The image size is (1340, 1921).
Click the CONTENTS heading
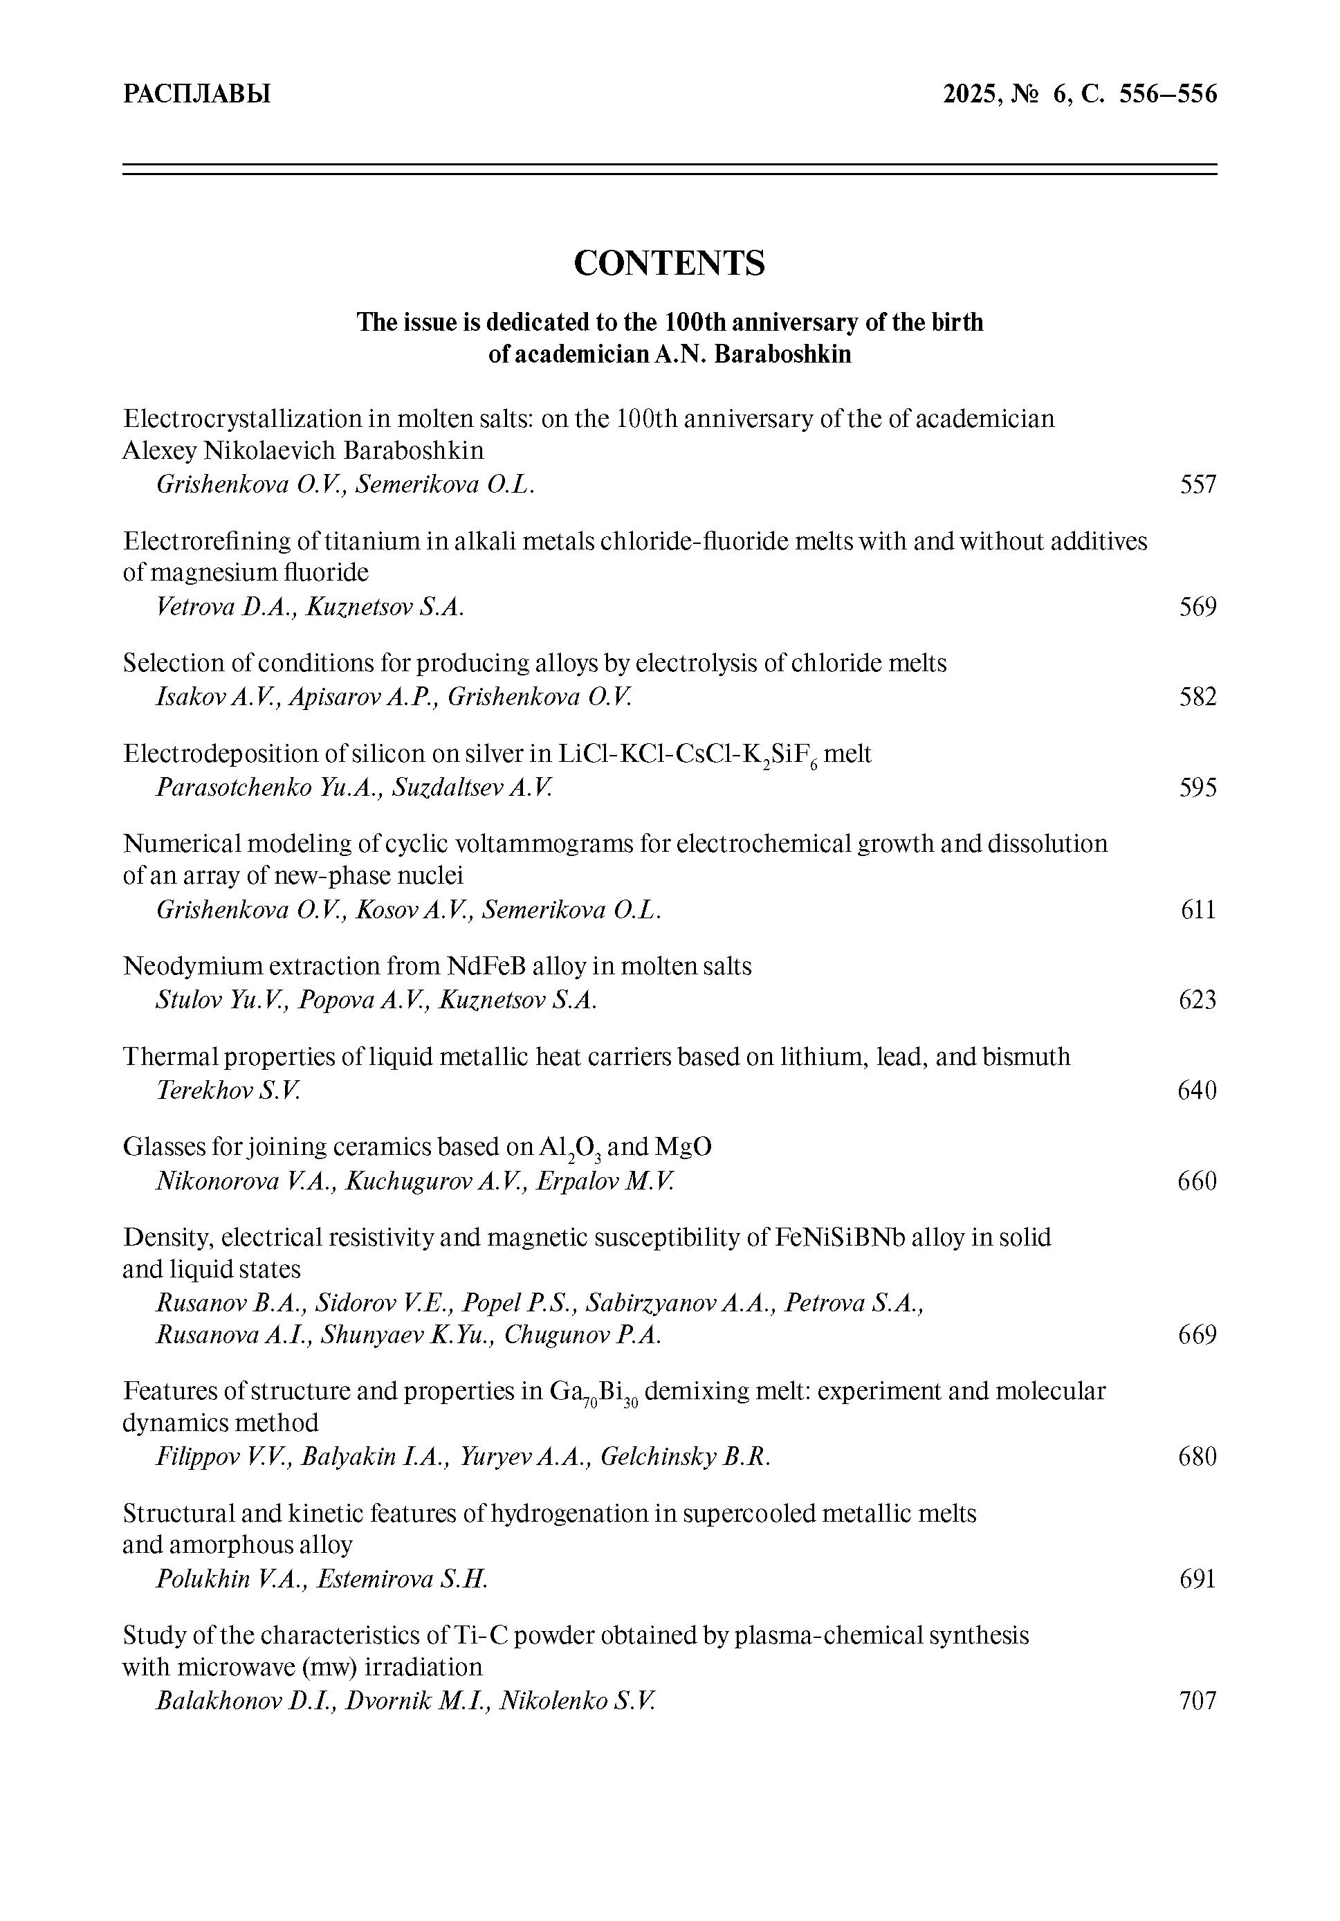tap(669, 263)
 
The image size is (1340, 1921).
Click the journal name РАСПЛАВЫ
tap(196, 93)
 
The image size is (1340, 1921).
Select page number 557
tap(1197, 484)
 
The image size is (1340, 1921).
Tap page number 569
tap(1197, 607)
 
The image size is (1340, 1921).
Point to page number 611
tap(1197, 909)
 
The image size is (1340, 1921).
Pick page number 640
tap(1197, 1090)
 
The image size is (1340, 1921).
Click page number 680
tap(1197, 1457)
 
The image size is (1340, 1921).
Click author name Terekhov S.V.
tap(228, 1090)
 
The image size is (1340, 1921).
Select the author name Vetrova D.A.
tap(224, 607)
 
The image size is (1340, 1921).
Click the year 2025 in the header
tap(969, 93)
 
